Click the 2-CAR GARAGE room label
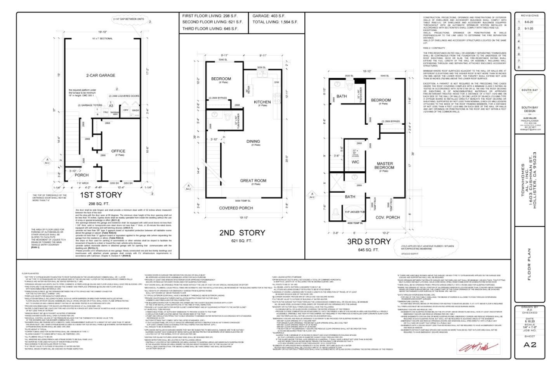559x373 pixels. [101, 75]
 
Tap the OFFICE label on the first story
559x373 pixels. [118, 151]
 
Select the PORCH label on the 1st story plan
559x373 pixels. [82, 175]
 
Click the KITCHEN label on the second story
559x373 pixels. [262, 102]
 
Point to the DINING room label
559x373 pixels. [253, 141]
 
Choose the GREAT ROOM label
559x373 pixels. [253, 180]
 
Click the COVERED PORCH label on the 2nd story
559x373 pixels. [236, 208]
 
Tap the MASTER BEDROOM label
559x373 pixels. [384, 166]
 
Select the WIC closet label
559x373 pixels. [356, 162]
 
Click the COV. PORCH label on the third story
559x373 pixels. [388, 217]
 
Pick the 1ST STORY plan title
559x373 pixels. [101, 195]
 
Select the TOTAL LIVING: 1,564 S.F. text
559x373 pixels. [275, 22]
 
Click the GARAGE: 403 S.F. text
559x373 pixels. [269, 16]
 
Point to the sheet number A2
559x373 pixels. [529, 345]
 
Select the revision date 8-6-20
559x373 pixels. [528, 22]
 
